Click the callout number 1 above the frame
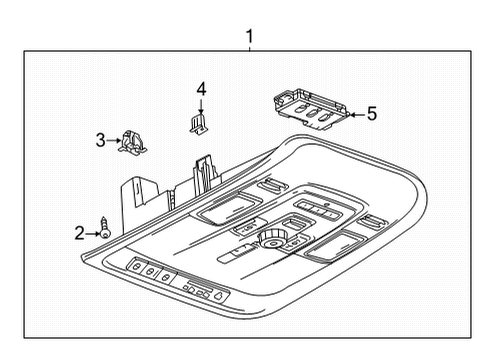250,38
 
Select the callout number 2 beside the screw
80,233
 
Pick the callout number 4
201,89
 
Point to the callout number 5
371,113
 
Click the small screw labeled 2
104,230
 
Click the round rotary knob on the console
270,239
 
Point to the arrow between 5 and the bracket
351,114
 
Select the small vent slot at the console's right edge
371,221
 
